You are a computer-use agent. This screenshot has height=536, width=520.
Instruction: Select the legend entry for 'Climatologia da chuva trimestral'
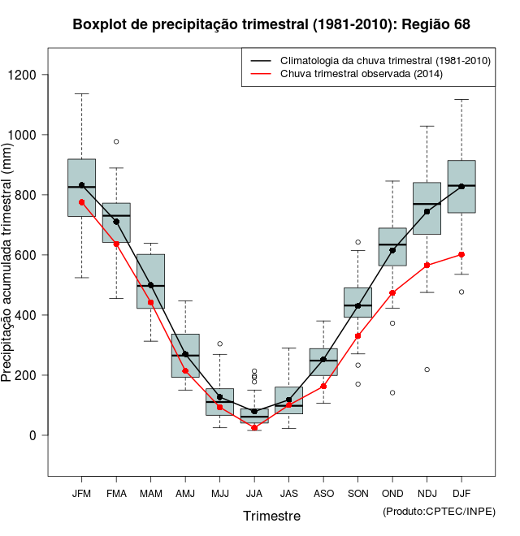384,61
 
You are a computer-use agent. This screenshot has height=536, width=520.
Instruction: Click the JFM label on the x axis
81,493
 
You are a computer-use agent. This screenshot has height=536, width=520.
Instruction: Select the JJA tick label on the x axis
254,493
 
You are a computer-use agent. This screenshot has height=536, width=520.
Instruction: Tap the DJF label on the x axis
461,493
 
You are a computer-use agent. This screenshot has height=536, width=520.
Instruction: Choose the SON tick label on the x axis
357,493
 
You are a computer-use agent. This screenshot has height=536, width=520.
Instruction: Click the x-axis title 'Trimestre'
271,516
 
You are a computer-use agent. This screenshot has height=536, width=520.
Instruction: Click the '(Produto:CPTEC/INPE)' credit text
439,511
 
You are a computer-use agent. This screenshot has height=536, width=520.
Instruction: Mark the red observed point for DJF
461,254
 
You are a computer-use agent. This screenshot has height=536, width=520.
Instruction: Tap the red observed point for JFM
81,202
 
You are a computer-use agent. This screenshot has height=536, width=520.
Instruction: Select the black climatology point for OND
392,250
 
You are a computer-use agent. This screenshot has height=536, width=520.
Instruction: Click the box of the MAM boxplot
150,281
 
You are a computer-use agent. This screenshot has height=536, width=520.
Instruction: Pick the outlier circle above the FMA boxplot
116,141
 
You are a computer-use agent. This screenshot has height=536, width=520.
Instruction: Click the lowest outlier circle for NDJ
427,370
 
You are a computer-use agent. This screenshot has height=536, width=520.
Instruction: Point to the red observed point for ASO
323,387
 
